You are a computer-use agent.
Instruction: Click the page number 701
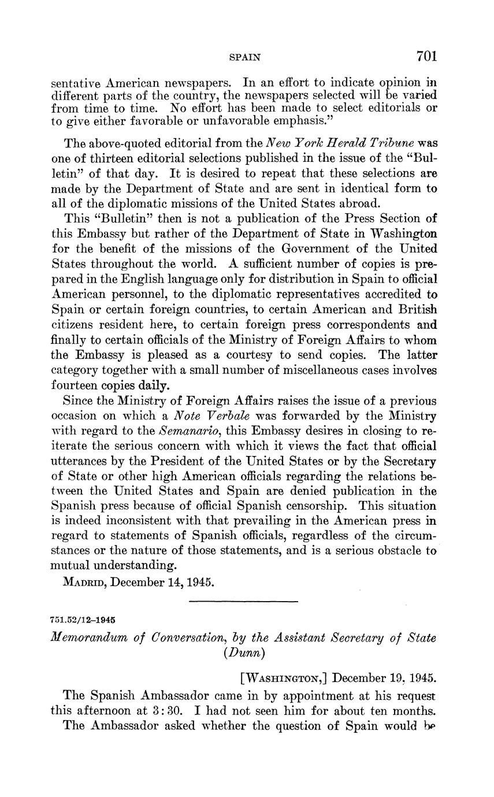point(426,56)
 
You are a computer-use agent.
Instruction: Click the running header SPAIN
point(245,57)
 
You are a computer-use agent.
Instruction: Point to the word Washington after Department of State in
point(403,234)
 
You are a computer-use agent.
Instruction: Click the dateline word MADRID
point(84,581)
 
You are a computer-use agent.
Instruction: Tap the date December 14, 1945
point(163,581)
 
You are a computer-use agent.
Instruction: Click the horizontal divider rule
point(243,602)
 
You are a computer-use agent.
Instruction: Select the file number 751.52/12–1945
point(83,620)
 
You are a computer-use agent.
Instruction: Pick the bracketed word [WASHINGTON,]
point(283,677)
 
